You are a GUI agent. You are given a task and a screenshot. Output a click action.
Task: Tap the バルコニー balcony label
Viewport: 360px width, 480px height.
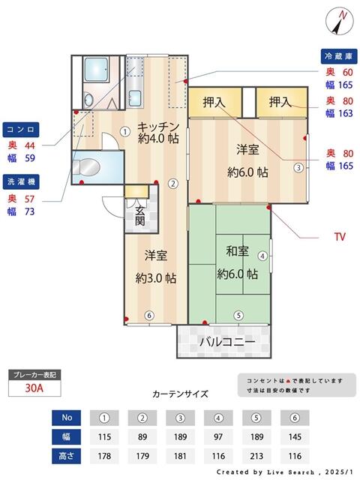[x=227, y=342]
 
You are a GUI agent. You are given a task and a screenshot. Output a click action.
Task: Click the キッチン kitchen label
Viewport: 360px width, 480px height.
[x=157, y=126]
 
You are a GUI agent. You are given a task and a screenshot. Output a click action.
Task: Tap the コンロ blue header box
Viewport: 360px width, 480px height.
[x=20, y=127]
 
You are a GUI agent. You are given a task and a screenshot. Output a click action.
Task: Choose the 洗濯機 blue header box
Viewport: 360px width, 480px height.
[x=20, y=181]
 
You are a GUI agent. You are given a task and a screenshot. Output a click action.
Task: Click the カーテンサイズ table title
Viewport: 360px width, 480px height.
[x=180, y=394]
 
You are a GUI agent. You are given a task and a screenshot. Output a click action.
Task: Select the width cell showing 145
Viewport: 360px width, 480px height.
[x=295, y=435]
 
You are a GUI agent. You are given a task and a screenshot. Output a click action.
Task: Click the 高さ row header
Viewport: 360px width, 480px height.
[x=67, y=455]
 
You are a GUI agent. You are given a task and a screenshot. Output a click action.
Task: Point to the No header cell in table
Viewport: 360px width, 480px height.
[x=67, y=416]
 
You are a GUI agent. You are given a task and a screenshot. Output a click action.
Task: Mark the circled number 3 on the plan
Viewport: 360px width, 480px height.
[x=298, y=167]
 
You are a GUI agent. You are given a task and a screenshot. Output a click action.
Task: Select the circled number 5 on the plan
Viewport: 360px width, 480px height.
[x=238, y=316]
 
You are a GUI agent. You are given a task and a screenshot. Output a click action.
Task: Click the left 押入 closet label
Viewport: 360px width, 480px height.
[x=214, y=101]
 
